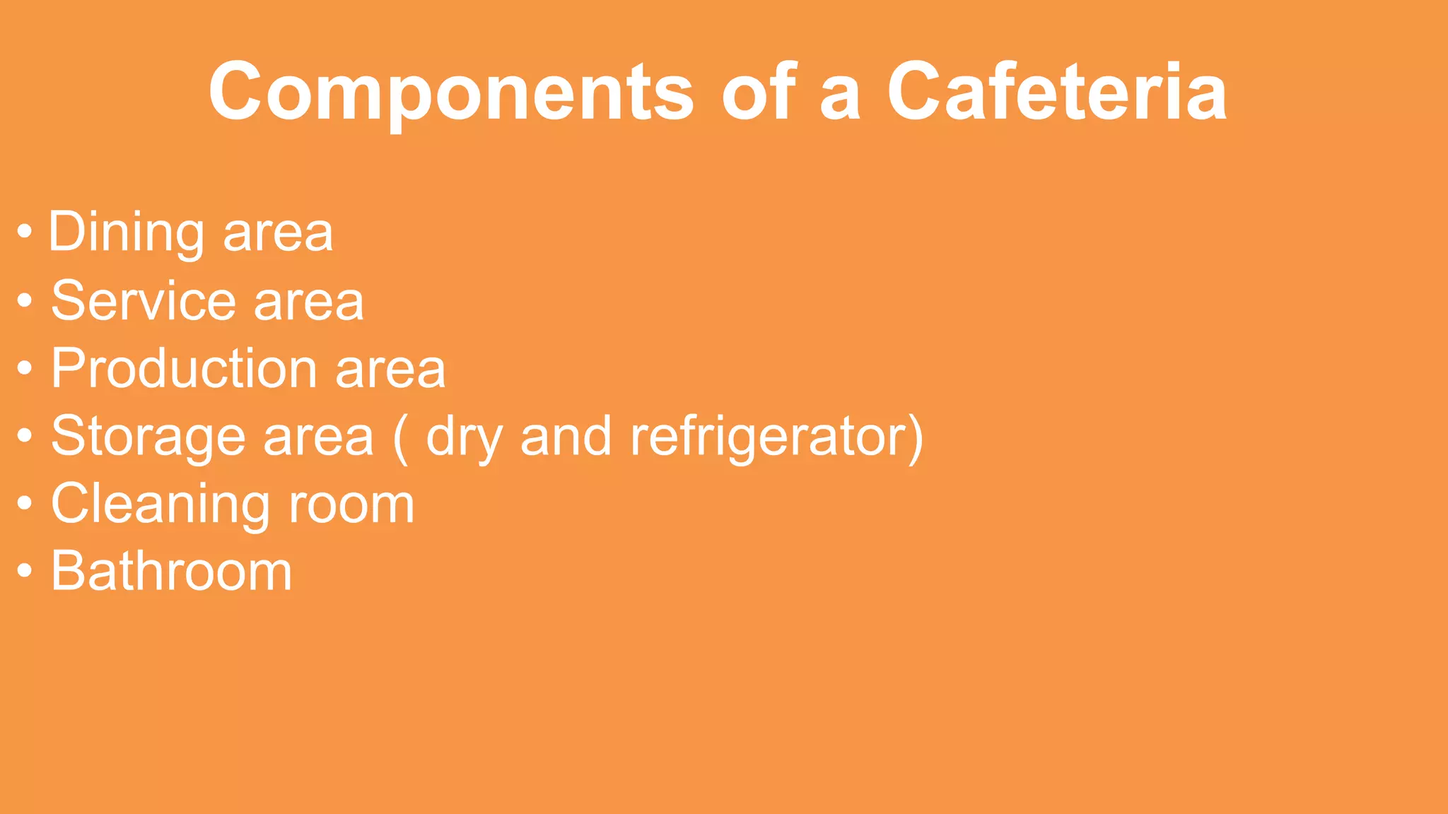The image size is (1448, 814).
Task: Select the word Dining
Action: tap(127, 233)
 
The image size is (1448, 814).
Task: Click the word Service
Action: tap(144, 301)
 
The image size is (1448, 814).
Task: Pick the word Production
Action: tap(184, 369)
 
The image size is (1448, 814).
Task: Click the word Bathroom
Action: tap(171, 571)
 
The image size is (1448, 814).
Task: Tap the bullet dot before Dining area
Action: tap(25, 232)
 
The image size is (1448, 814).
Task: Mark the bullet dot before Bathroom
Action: tap(25, 570)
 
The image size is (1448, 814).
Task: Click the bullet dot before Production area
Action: tap(25, 368)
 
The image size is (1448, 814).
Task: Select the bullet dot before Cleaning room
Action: tap(25, 504)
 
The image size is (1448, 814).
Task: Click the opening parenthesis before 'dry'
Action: tap(400, 438)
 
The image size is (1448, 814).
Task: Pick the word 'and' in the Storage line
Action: tap(566, 437)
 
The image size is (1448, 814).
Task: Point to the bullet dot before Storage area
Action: tap(25, 436)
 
